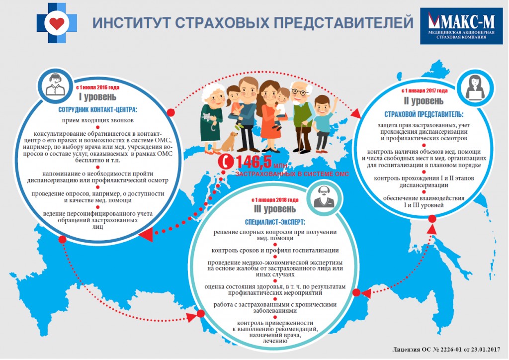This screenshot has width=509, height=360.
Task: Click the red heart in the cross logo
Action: click(57, 23)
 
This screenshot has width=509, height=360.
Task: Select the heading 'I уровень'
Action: click(97, 97)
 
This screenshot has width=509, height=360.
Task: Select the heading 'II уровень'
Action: click(424, 101)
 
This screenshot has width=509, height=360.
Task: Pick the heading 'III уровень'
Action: click(274, 209)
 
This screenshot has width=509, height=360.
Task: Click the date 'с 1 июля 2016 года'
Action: click(97, 88)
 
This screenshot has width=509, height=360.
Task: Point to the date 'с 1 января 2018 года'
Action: click(274, 199)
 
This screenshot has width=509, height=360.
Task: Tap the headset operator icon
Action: click(56, 85)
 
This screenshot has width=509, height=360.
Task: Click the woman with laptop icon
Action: click(475, 87)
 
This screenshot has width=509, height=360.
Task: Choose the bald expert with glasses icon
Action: click(324, 197)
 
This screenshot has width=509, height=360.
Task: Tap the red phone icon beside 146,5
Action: click(225, 161)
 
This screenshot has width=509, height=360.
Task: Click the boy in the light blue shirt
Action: click(323, 123)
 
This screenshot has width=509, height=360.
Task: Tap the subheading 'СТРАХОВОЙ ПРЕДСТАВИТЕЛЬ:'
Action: click(424, 114)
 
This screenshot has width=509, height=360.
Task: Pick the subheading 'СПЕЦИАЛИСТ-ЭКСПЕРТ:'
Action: click(274, 222)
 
